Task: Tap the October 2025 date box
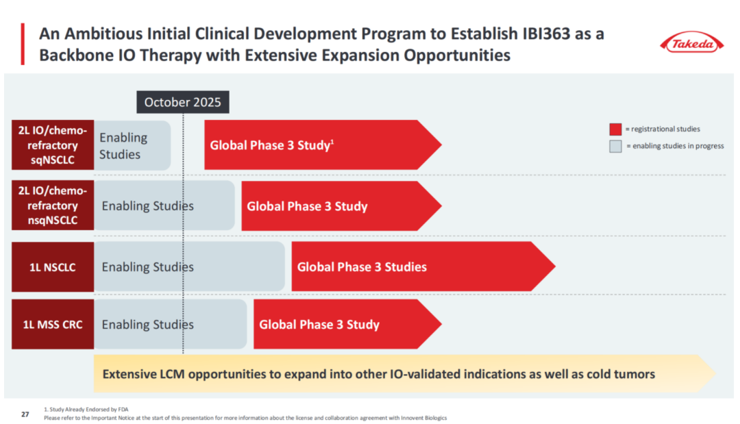pos(182,102)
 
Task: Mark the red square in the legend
pos(615,129)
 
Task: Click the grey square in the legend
pos(615,145)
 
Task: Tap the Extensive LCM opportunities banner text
pos(378,374)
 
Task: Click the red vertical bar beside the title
pos(23,44)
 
